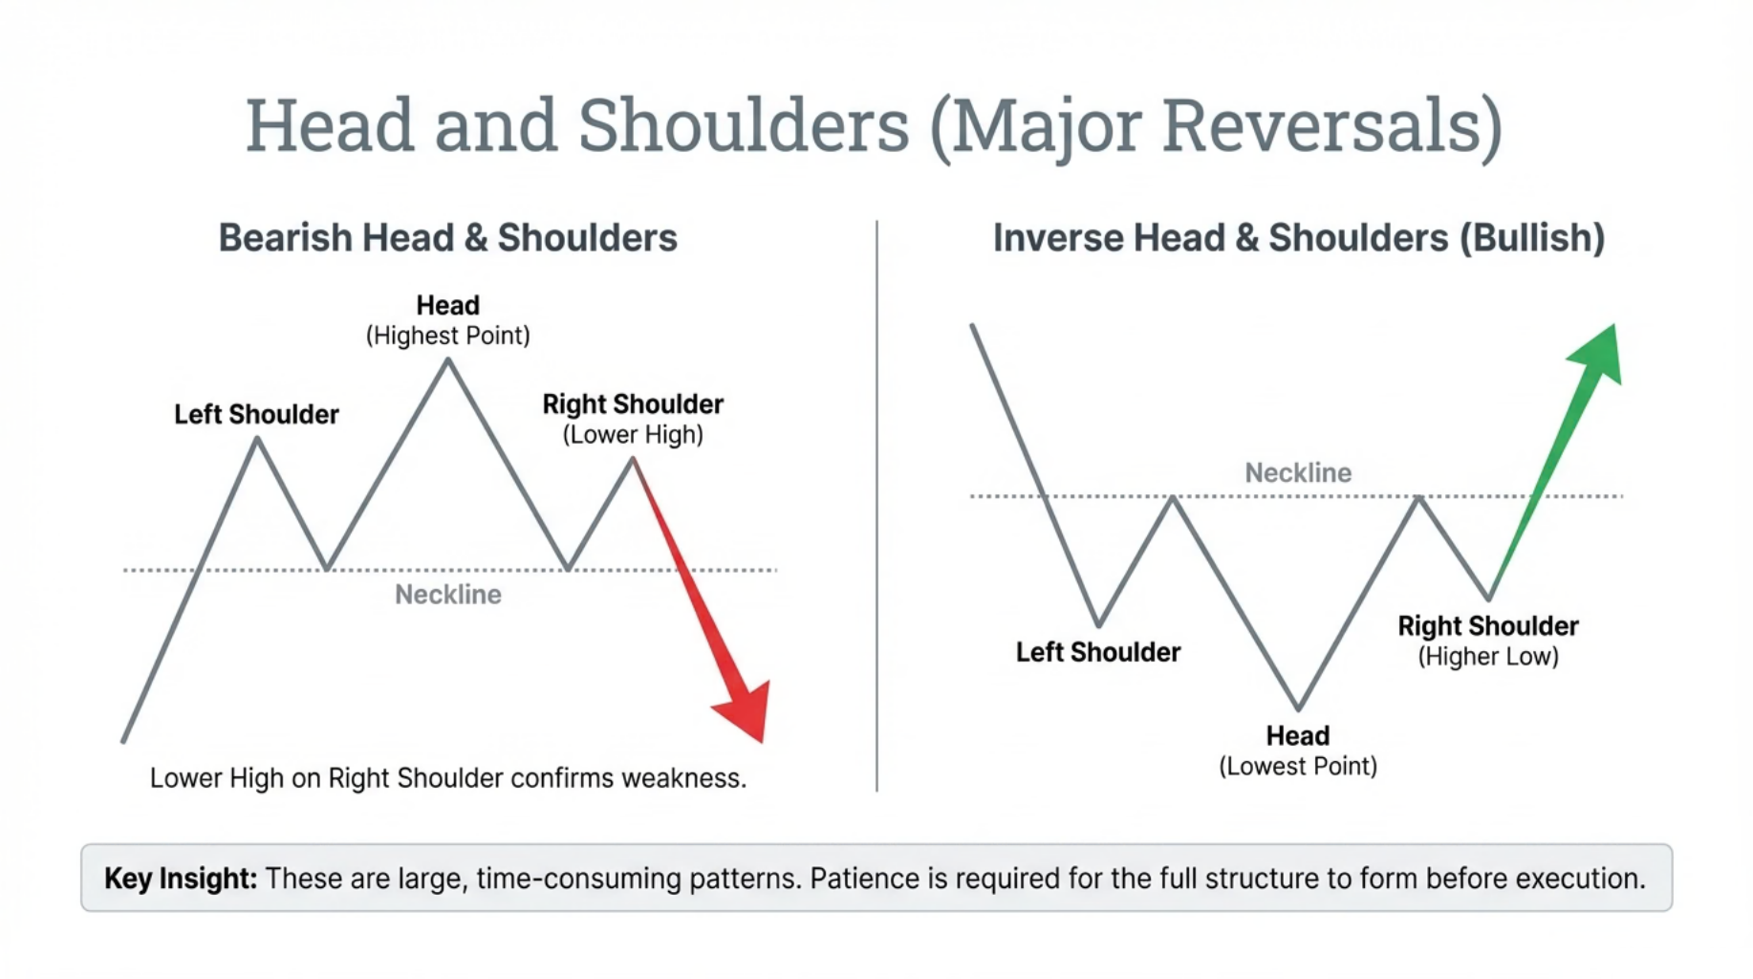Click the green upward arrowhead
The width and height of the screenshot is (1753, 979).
click(1599, 353)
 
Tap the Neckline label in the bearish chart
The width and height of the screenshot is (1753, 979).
click(448, 595)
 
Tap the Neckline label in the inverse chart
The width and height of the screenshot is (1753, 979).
click(1297, 472)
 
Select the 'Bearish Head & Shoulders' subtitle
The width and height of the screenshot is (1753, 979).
click(447, 238)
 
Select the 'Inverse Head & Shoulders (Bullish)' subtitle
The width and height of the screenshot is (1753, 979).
click(1298, 238)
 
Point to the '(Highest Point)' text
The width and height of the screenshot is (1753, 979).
click(447, 336)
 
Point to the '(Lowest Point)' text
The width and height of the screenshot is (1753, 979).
click(1297, 766)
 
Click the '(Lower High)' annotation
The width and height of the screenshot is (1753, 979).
click(633, 435)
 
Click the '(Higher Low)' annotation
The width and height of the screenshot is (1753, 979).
click(1487, 657)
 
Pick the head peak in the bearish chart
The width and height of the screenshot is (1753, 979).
click(447, 360)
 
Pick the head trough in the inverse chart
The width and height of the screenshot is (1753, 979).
click(1298, 708)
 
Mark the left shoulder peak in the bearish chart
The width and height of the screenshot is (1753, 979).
click(257, 439)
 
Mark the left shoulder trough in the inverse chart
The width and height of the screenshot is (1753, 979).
click(1099, 625)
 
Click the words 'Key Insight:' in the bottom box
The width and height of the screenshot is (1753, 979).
click(181, 878)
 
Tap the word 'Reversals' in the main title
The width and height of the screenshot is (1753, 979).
click(1331, 125)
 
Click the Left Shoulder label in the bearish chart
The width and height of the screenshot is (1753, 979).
click(256, 414)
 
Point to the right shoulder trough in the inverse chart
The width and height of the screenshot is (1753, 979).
click(1489, 598)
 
